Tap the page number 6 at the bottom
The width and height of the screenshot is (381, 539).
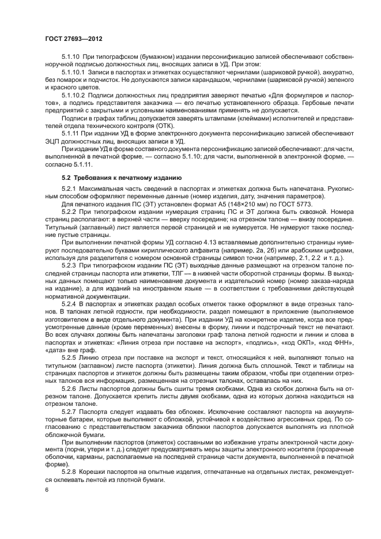(46, 489)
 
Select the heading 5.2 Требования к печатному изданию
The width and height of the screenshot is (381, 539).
(122, 177)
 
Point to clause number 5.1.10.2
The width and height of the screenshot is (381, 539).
(73, 95)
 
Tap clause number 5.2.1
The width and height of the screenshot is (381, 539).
(69, 189)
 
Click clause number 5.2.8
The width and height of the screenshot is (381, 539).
(69, 472)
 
